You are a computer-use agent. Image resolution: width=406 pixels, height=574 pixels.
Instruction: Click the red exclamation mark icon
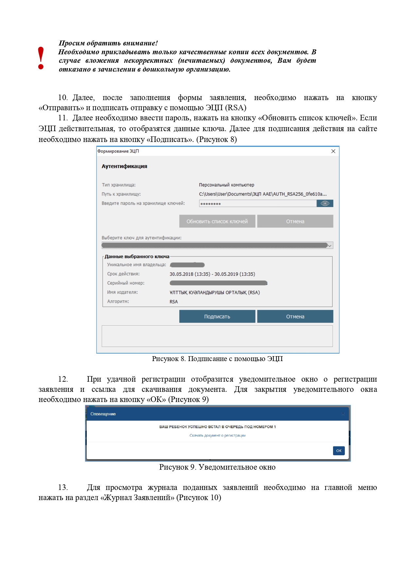tap(41, 58)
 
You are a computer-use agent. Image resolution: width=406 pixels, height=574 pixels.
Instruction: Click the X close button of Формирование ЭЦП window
tap(333, 151)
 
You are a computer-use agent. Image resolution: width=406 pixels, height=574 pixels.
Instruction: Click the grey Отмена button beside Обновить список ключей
tap(295, 221)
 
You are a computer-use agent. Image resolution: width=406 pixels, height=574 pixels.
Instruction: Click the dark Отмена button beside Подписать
tap(295, 317)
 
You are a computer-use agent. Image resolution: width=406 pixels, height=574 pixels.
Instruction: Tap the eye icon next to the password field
tap(325, 203)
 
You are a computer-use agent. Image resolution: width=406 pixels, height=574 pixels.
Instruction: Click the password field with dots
tap(257, 204)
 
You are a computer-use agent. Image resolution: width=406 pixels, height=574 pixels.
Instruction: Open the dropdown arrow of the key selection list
tap(330, 246)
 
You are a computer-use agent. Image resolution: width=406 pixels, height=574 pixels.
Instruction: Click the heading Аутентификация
tap(124, 166)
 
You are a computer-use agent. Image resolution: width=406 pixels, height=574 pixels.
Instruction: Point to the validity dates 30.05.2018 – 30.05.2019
tap(212, 274)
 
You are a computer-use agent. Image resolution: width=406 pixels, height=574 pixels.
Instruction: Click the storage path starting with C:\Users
tap(263, 194)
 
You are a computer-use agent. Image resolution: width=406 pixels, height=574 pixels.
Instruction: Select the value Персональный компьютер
tap(226, 185)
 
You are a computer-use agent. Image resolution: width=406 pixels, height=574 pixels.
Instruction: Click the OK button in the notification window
tap(339, 451)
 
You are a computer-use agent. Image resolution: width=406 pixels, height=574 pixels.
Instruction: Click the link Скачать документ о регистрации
tap(218, 435)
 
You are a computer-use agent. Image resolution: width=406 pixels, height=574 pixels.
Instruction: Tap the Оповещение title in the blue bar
tap(103, 414)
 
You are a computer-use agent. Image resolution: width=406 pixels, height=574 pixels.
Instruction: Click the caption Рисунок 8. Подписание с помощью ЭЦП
tap(217, 359)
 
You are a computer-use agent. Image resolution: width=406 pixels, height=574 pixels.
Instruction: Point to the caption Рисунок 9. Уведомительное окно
tap(217, 467)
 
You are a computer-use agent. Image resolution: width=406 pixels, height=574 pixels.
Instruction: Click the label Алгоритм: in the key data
tap(118, 302)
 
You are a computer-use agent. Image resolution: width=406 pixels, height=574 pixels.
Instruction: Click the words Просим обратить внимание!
tap(108, 43)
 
